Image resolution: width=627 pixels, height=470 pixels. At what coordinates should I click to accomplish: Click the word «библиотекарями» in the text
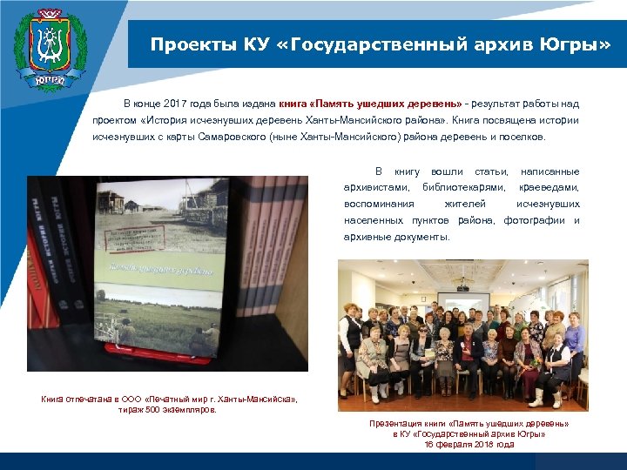pyautogui.click(x=463, y=187)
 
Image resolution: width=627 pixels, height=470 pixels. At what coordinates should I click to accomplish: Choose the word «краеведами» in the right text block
pyautogui.click(x=549, y=187)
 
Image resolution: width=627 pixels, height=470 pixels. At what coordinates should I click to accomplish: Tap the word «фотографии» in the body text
pyautogui.click(x=533, y=220)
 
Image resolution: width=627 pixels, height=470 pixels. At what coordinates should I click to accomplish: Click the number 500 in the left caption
pyautogui.click(x=150, y=409)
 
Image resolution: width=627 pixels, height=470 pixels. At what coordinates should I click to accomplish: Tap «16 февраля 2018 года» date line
pyautogui.click(x=469, y=444)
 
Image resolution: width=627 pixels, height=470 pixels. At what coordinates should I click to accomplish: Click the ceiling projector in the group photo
pyautogui.click(x=462, y=283)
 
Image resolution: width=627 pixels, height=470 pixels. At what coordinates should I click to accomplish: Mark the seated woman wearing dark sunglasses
pyautogui.click(x=423, y=348)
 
